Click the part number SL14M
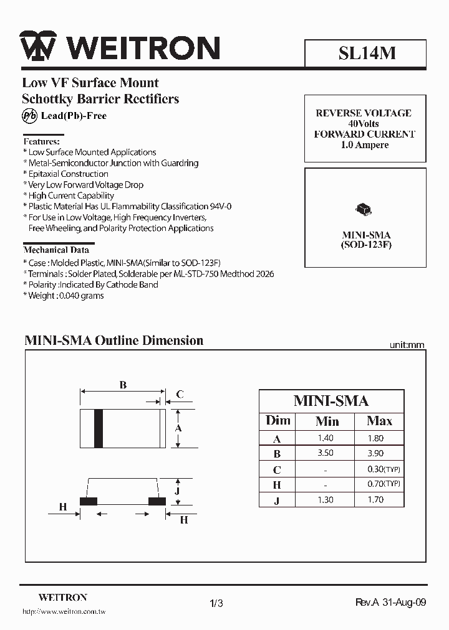[x=367, y=54]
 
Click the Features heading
[x=42, y=141]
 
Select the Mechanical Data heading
[x=56, y=250]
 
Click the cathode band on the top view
[x=99, y=428]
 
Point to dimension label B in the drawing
[x=123, y=385]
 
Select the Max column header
[x=379, y=421]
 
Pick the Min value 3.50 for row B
[x=327, y=454]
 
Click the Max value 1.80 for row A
[x=375, y=438]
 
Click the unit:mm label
[x=407, y=344]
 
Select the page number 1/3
[x=216, y=603]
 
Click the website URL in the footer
[x=64, y=613]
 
